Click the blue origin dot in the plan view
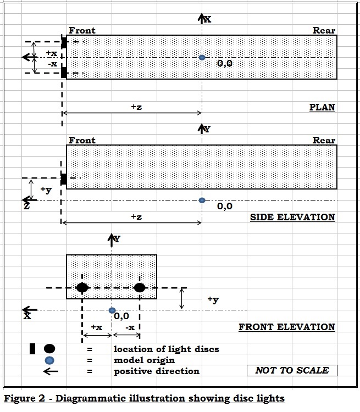pyautogui.click(x=202, y=57)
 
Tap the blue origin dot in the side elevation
pyautogui.click(x=202, y=200)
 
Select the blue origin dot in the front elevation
pyautogui.click(x=112, y=310)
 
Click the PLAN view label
pyautogui.click(x=322, y=107)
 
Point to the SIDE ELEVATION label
pyautogui.click(x=292, y=217)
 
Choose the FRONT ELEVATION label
pyautogui.click(x=287, y=327)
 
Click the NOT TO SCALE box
pyautogui.click(x=292, y=370)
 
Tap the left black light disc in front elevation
pyautogui.click(x=82, y=287)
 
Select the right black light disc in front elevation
pyautogui.click(x=140, y=287)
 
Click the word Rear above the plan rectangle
pyautogui.click(x=324, y=30)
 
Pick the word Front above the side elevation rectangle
pyautogui.click(x=82, y=140)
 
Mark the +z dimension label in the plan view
pyautogui.click(x=136, y=107)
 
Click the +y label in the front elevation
pyautogui.click(x=213, y=299)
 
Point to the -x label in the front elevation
pyautogui.click(x=130, y=327)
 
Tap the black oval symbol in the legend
pyautogui.click(x=49, y=349)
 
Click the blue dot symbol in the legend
pyautogui.click(x=49, y=360)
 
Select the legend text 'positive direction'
pyautogui.click(x=157, y=371)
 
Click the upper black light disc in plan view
pyautogui.click(x=64, y=43)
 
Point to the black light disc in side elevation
pyautogui.click(x=63, y=179)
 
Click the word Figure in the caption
pyautogui.click(x=21, y=399)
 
